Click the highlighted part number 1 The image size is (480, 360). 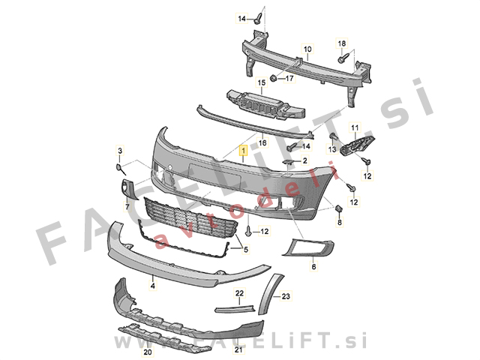[x=243, y=151]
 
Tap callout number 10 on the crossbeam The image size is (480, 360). [x=306, y=49]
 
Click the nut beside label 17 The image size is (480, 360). [x=274, y=77]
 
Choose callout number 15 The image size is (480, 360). [x=262, y=82]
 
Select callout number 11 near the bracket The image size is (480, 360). [x=355, y=127]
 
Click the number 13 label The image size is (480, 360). [x=330, y=150]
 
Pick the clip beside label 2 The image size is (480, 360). [x=289, y=161]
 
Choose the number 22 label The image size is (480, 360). [x=239, y=292]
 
